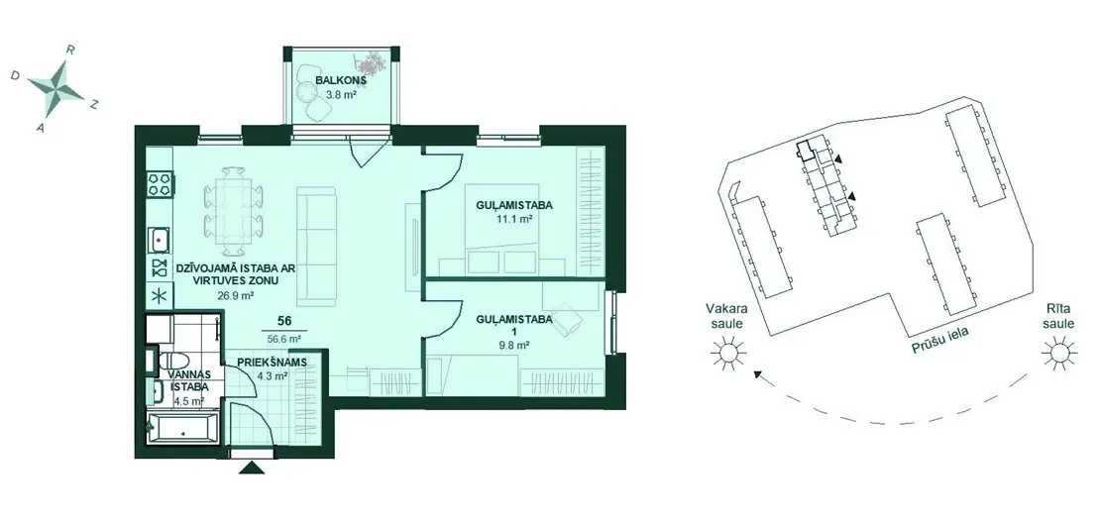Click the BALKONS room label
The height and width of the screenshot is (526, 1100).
point(340,80)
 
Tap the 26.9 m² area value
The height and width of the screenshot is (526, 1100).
point(237,295)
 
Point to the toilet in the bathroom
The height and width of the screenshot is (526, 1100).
point(176,360)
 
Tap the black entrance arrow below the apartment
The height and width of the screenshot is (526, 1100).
point(251,469)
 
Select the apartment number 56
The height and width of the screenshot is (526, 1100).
point(284,321)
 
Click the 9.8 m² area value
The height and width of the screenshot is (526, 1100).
point(511,345)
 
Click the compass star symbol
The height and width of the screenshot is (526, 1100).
point(55,87)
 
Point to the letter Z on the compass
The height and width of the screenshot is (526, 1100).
point(94,104)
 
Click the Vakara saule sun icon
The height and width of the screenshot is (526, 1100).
point(726,352)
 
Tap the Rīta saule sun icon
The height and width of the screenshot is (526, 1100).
point(1058,352)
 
